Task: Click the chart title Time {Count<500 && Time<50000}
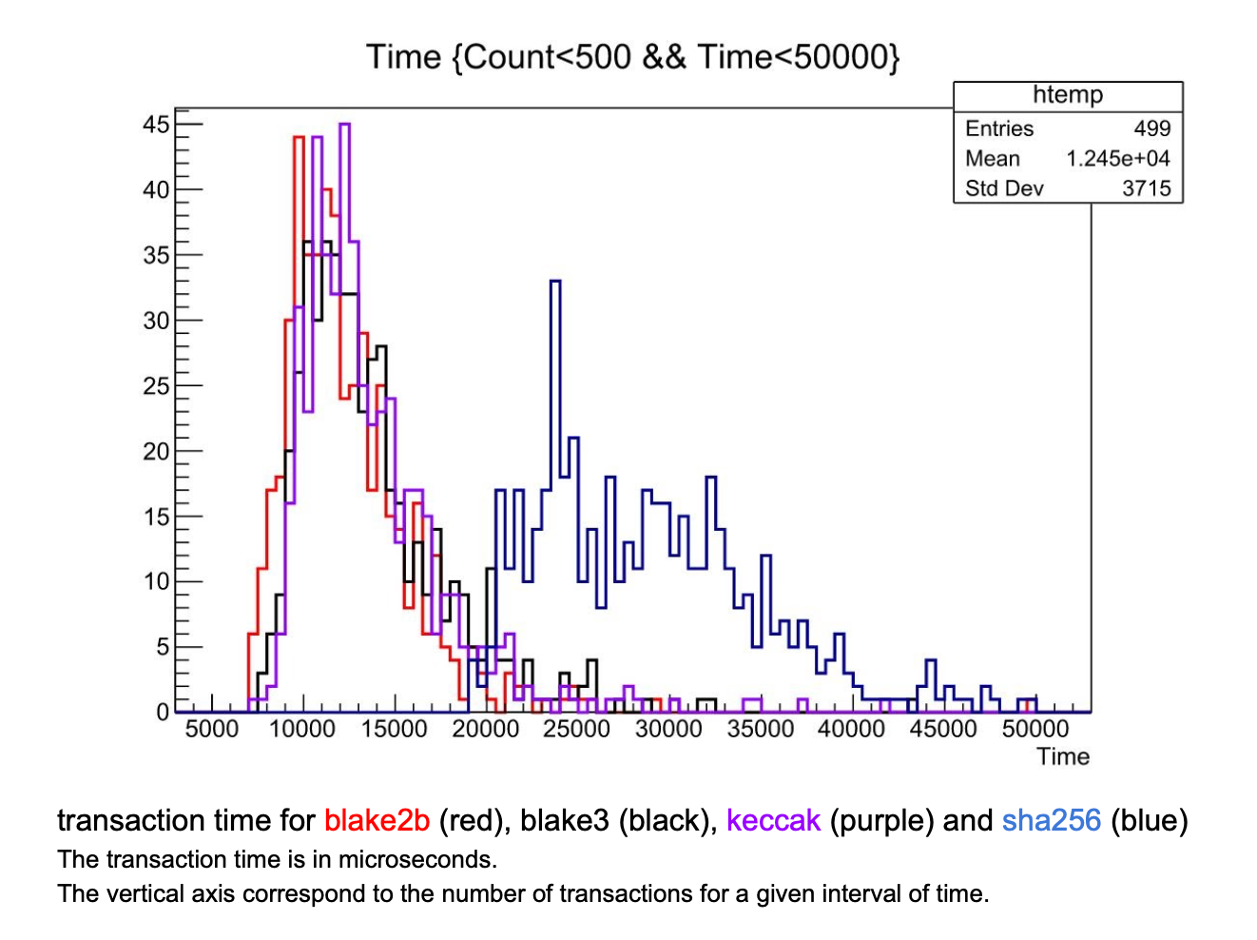point(632,57)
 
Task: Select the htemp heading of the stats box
point(1068,95)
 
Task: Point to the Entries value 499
point(1151,128)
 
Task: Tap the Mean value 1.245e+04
point(1117,159)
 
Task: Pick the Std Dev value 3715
point(1146,188)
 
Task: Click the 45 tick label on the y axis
point(156,125)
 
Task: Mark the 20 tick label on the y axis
point(156,452)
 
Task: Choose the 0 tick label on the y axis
point(163,713)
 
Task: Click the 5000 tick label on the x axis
point(211,730)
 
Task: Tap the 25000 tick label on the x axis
point(576,730)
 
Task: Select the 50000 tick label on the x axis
point(1035,730)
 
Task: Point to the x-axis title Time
point(1062,757)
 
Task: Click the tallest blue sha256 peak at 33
point(555,283)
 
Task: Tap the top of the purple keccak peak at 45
point(344,125)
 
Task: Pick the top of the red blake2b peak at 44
point(299,138)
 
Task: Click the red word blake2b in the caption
point(377,821)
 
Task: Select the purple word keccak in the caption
point(772,821)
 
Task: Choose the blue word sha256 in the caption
point(1051,821)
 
